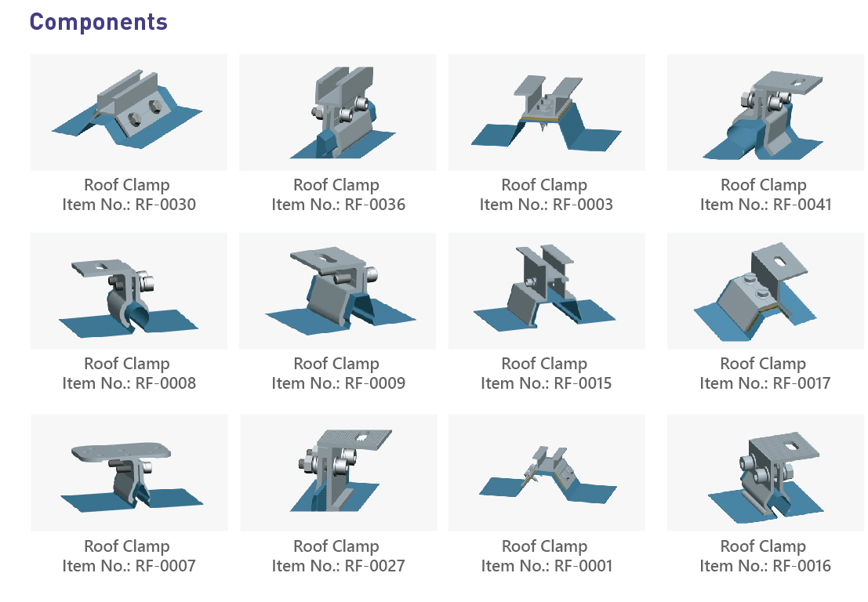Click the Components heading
click(x=99, y=22)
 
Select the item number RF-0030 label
click(x=129, y=205)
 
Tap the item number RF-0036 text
click(x=338, y=205)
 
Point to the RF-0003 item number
click(x=546, y=205)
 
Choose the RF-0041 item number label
click(x=765, y=205)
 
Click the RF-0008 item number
click(x=129, y=383)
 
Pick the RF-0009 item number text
click(x=338, y=383)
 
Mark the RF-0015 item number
click(x=546, y=383)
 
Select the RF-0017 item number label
click(x=764, y=383)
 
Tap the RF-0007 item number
click(x=129, y=566)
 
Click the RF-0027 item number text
click(x=338, y=566)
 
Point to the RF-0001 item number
click(x=546, y=566)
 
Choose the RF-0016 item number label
click(x=764, y=566)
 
